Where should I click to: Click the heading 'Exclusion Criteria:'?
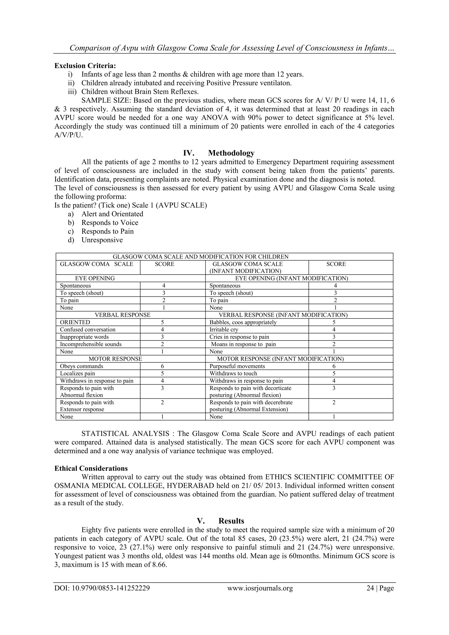(85, 66)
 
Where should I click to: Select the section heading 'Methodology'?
(231, 153)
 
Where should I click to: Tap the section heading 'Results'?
(231, 521)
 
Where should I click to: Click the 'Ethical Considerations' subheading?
(91, 468)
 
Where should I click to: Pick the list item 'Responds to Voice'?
(110, 223)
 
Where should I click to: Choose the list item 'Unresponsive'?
(102, 240)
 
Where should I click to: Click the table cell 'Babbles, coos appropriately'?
(243, 322)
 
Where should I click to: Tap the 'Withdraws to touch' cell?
(233, 373)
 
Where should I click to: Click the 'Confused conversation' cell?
(88, 329)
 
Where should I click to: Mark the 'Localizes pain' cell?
(77, 373)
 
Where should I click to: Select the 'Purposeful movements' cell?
(237, 366)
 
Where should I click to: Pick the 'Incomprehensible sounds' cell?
(91, 344)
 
